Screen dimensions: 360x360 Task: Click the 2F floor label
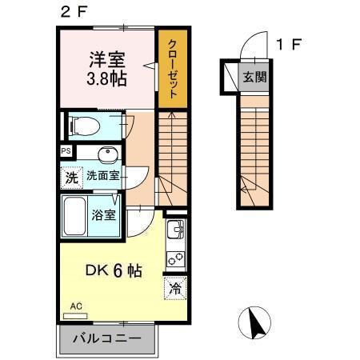coord(70,12)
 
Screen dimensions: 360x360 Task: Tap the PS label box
coord(64,150)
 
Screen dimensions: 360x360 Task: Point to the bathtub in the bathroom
coord(77,216)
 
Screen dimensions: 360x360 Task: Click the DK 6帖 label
coord(114,271)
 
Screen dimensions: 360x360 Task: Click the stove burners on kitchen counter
coord(174,260)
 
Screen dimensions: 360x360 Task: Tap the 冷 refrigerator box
coord(174,289)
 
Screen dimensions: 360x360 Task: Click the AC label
coord(76,306)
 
